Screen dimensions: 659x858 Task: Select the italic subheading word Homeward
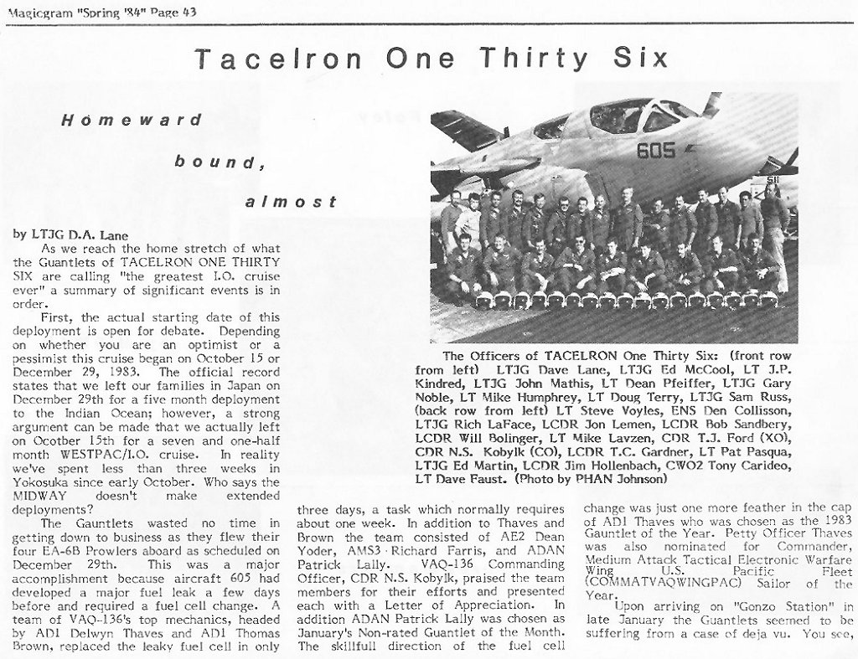132,120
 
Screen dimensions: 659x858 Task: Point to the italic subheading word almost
292,202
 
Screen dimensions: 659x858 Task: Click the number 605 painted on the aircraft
655,151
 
